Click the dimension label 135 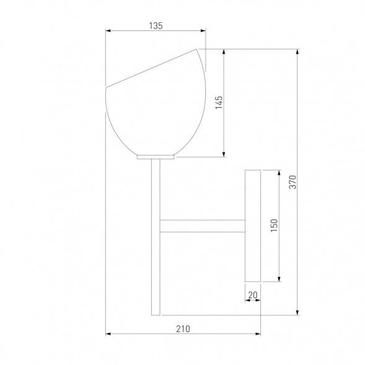(x=156, y=26)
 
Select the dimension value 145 (x=219, y=102)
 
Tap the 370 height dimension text (x=292, y=182)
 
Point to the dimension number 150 (x=275, y=226)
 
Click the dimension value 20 (x=253, y=295)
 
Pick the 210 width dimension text (x=183, y=329)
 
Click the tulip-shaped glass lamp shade (x=156, y=102)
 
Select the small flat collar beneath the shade (x=156, y=157)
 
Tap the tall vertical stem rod (x=156, y=237)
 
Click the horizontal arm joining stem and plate (x=203, y=226)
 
